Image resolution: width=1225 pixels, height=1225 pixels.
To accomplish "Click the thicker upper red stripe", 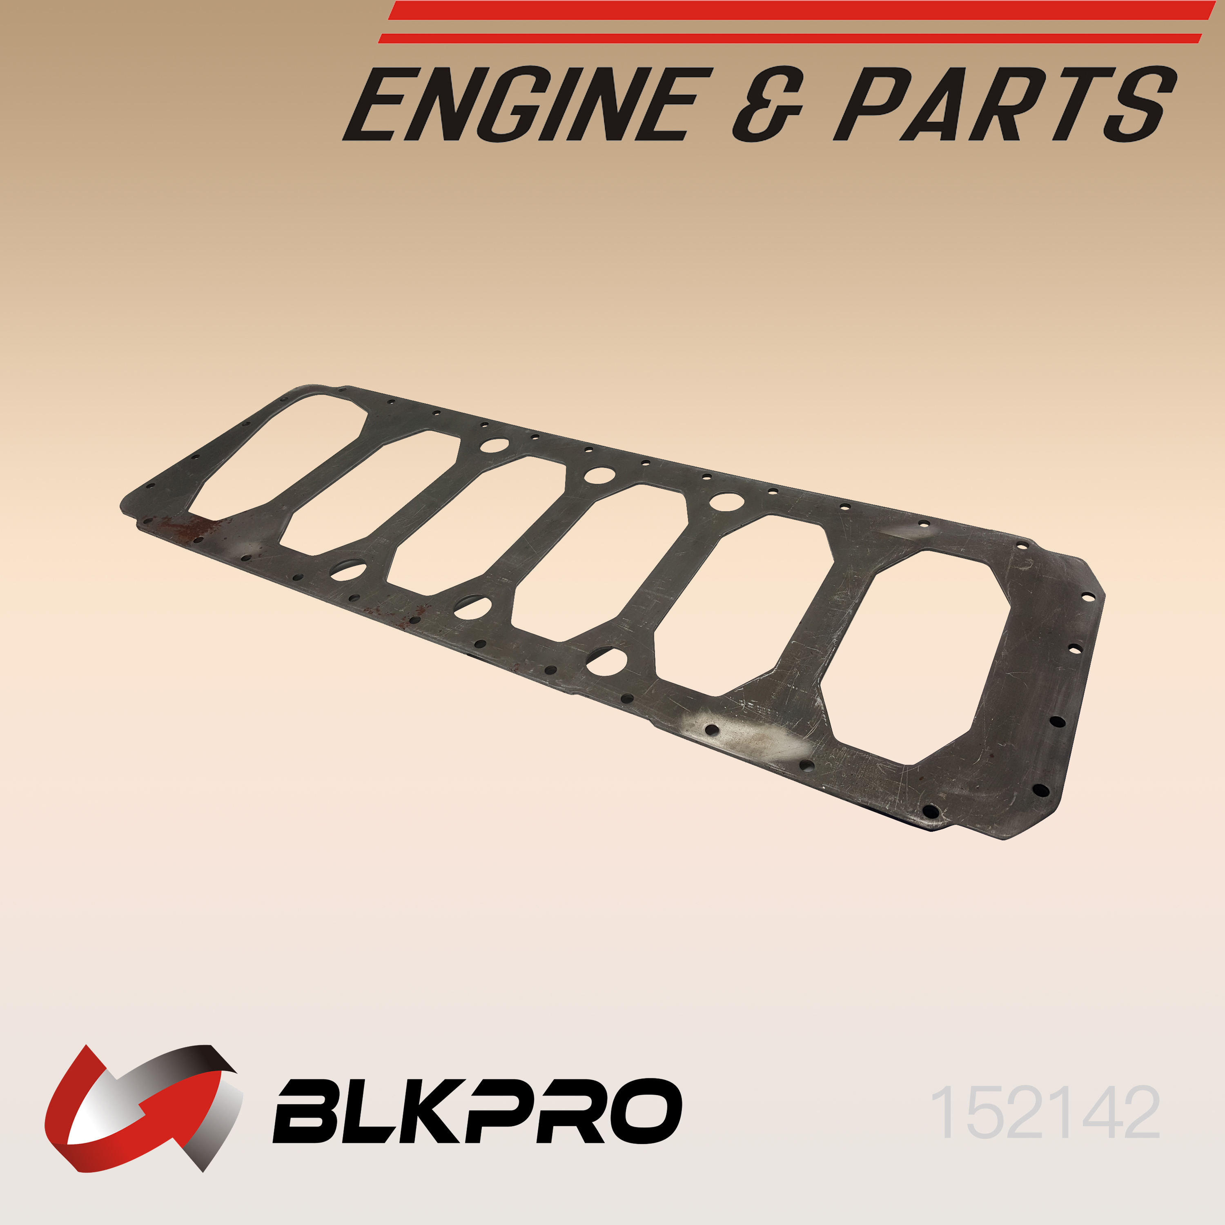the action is tap(802, 10).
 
